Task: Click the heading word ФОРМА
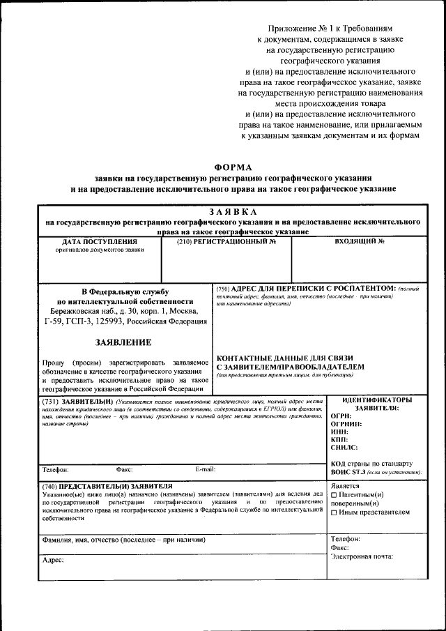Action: click(233, 167)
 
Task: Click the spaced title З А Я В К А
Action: click(233, 212)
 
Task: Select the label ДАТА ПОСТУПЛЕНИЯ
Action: click(91, 241)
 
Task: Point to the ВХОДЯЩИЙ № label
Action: click(360, 241)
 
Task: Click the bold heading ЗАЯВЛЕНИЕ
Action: click(123, 342)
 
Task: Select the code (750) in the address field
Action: click(223, 288)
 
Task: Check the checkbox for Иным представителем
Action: click(334, 512)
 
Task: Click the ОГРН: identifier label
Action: click(341, 416)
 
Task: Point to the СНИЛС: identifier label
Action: click(344, 448)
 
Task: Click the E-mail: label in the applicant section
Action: click(206, 469)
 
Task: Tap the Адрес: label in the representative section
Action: click(53, 560)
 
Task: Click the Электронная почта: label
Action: click(362, 556)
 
